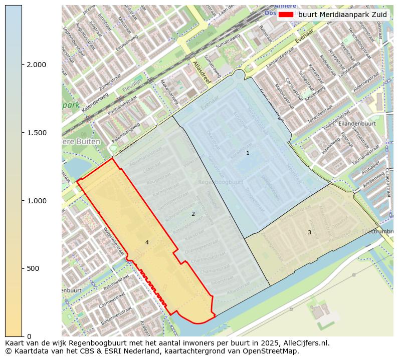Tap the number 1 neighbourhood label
pos(248,153)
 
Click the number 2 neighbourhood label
pos(193,214)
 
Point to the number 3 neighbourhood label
pos(309,232)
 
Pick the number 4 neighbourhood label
pos(147,242)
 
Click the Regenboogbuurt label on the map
pos(220,182)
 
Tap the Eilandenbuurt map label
pos(357,123)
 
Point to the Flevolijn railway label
pos(133,91)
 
